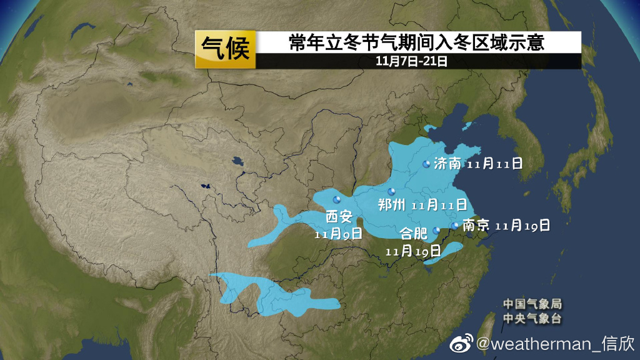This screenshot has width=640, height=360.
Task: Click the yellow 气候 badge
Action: click(226, 49)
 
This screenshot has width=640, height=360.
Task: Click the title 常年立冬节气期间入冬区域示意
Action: click(416, 42)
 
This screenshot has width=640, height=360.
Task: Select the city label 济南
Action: click(447, 164)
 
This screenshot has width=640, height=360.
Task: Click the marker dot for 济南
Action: click(427, 164)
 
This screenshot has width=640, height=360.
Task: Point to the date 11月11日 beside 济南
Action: click(494, 164)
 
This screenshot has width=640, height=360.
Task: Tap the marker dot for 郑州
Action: click(392, 191)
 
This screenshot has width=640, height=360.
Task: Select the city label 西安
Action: click(340, 217)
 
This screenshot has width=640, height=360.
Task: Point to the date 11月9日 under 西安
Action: click(338, 234)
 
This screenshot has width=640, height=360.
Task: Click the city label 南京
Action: click(476, 226)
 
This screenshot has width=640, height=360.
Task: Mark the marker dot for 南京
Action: click(454, 226)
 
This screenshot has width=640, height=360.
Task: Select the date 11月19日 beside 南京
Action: click(522, 226)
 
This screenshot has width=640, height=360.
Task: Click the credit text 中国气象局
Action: click(532, 304)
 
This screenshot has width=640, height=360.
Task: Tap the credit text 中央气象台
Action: click(532, 319)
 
